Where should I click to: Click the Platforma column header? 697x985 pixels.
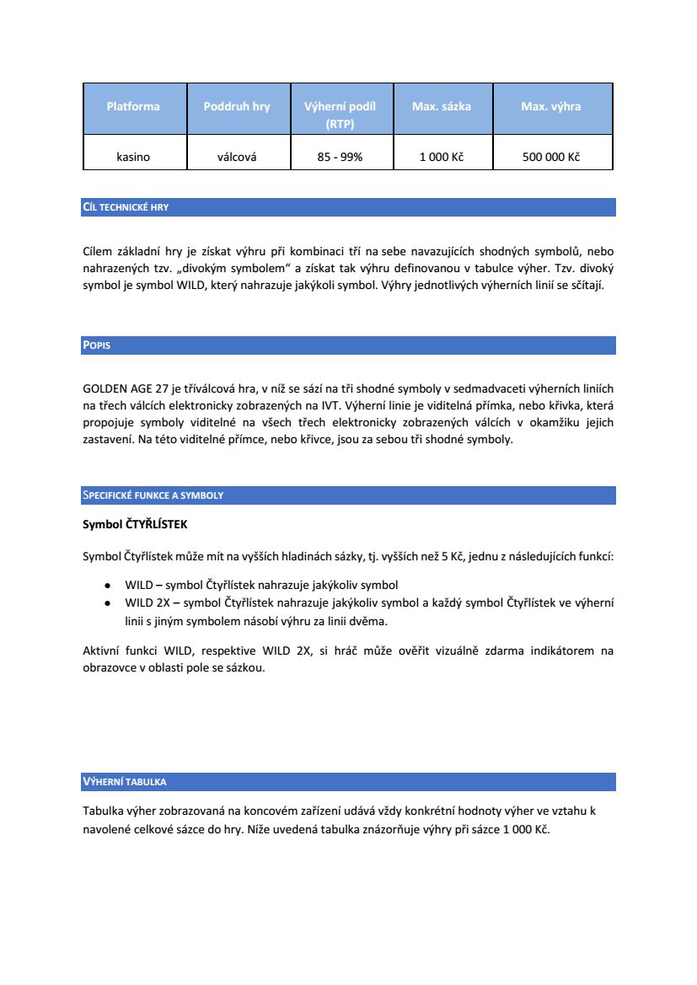[133, 107]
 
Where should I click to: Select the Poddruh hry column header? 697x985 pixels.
[237, 107]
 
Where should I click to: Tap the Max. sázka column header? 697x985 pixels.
[442, 107]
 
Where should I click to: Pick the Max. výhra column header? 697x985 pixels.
[551, 107]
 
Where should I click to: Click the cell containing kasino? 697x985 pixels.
[133, 157]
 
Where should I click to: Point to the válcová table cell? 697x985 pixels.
[237, 157]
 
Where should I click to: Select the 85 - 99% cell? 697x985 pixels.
[340, 157]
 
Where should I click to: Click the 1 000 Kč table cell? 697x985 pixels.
[442, 157]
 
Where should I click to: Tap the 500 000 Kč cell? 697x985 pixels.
[551, 157]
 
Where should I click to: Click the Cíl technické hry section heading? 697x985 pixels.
[126, 207]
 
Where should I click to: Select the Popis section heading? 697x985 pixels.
[97, 345]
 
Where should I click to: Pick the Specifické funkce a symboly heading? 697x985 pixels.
[153, 495]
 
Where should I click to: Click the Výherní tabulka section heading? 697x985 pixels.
[124, 782]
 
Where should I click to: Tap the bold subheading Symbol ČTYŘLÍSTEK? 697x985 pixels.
[135, 524]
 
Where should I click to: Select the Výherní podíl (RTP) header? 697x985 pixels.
[340, 115]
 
